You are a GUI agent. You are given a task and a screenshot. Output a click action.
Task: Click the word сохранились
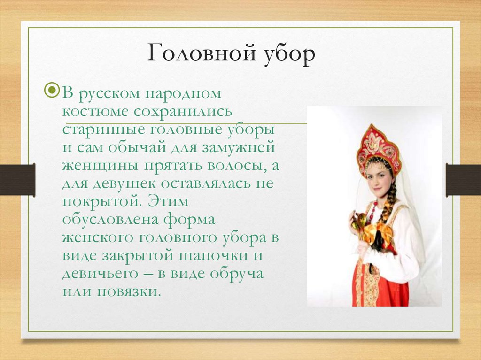click(x=183, y=111)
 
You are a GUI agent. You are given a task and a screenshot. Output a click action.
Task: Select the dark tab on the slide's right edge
click(x=463, y=180)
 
